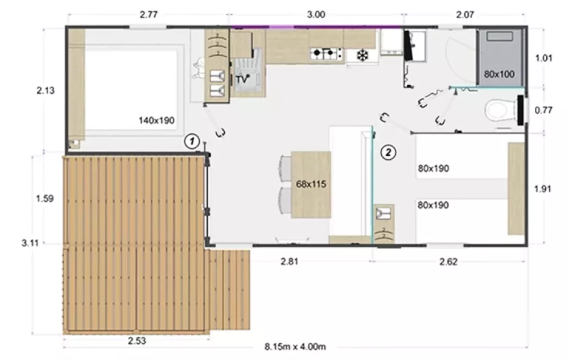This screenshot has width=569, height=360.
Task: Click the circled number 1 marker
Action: [x=192, y=141]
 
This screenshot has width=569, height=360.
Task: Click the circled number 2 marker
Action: [x=388, y=152]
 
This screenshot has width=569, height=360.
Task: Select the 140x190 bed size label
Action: [x=156, y=121]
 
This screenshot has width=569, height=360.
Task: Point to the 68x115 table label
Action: [x=311, y=184]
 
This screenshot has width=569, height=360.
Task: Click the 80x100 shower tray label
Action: [x=500, y=75]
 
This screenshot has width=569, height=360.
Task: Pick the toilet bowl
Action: [x=501, y=110]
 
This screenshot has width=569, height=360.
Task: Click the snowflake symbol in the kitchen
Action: [x=362, y=56]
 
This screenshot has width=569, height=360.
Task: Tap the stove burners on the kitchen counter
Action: [x=326, y=53]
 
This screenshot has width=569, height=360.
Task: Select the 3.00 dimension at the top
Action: [x=316, y=15]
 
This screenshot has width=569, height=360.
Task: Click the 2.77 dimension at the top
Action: [x=149, y=14]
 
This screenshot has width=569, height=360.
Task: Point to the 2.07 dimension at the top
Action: [x=465, y=15]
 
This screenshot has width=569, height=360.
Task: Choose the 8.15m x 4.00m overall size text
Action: [x=295, y=347]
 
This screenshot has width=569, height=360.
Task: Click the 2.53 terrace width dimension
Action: [x=137, y=341]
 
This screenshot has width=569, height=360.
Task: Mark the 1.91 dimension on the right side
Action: [x=543, y=189]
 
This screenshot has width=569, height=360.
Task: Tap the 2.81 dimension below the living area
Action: [x=289, y=262]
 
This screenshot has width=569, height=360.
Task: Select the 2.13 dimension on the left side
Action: [x=46, y=90]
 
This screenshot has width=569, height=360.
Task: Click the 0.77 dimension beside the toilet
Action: [x=543, y=110]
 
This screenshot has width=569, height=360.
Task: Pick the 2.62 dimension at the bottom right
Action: [x=448, y=262]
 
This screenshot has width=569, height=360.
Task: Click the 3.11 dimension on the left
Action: [x=30, y=243]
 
